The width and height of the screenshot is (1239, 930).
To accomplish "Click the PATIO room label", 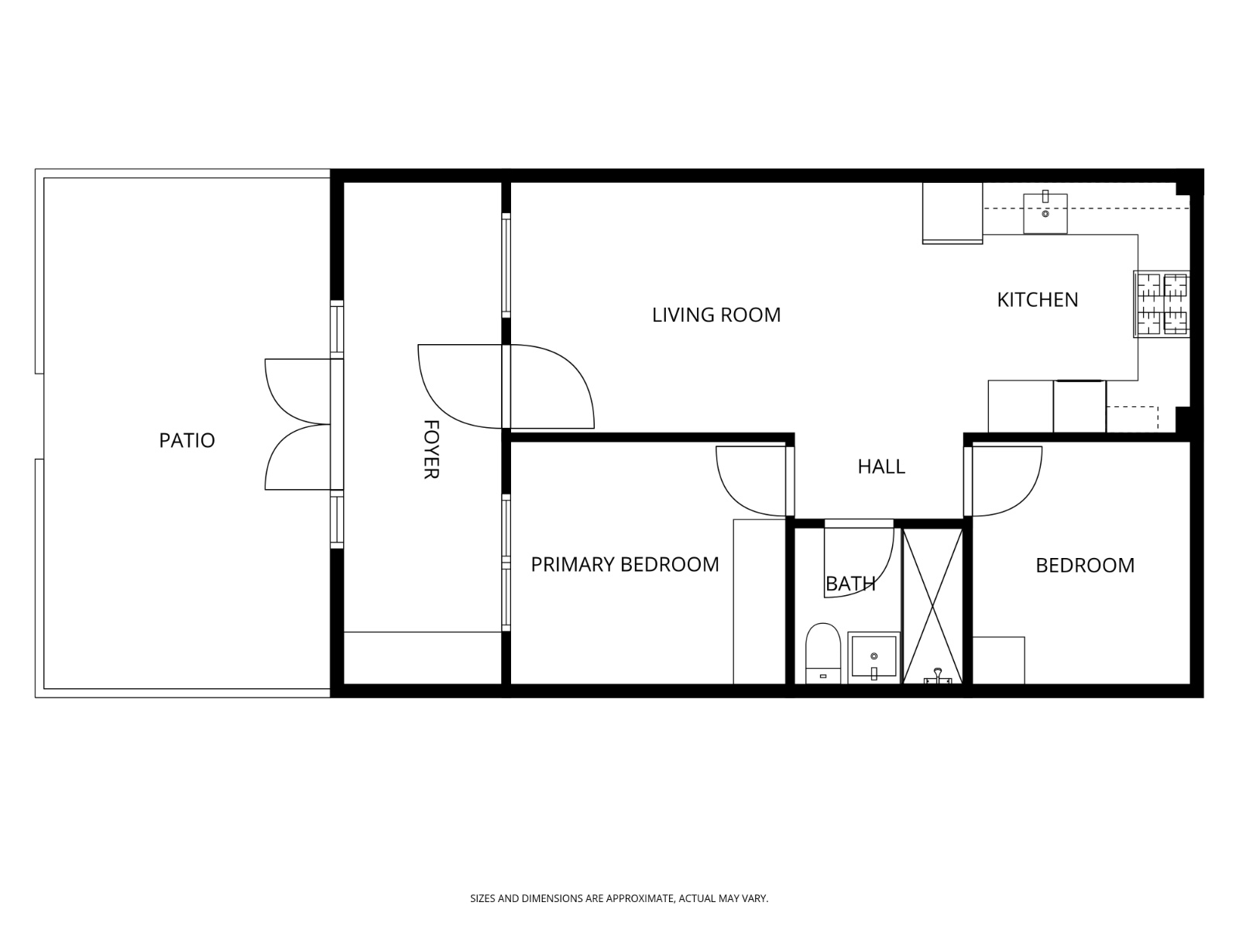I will pyautogui.click(x=187, y=440).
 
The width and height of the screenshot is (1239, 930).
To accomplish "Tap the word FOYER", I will pyautogui.click(x=431, y=449).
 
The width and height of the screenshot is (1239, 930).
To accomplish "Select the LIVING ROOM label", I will pyautogui.click(x=716, y=315).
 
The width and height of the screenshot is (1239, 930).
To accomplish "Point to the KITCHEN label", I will pyautogui.click(x=1037, y=300).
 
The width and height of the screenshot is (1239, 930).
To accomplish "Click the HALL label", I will pyautogui.click(x=881, y=467).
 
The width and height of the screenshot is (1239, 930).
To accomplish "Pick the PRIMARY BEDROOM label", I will pyautogui.click(x=625, y=564).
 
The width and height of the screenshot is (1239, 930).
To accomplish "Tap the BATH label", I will pyautogui.click(x=850, y=584).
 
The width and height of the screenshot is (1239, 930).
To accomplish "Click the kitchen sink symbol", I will pyautogui.click(x=1045, y=213).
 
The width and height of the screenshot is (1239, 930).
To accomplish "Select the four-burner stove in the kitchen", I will pyautogui.click(x=1162, y=304).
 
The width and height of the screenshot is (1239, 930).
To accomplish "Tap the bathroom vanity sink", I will pyautogui.click(x=873, y=657).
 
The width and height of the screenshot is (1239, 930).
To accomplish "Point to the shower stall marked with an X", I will pyautogui.click(x=932, y=604).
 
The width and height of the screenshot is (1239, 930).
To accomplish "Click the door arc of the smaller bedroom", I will pyautogui.click(x=1007, y=482).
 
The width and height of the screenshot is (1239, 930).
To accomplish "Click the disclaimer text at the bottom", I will pyautogui.click(x=619, y=898).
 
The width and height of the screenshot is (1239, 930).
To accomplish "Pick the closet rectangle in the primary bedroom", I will pyautogui.click(x=759, y=601).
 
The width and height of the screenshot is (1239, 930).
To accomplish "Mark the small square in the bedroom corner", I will pyautogui.click(x=998, y=660).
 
